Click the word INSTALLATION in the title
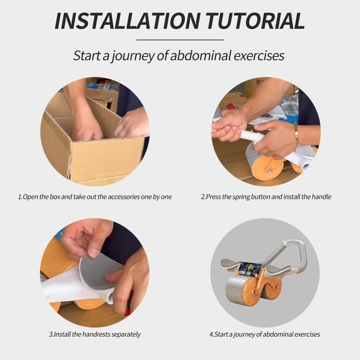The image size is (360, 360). pyautogui.click(x=127, y=21)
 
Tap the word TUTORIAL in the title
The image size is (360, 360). pyautogui.click(x=255, y=21)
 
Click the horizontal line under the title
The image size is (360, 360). pyautogui.click(x=180, y=40)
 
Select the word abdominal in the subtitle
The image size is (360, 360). pyautogui.click(x=200, y=55)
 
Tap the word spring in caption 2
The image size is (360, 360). pyautogui.click(x=241, y=197)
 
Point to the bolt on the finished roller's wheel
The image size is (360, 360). pyautogui.click(x=255, y=292)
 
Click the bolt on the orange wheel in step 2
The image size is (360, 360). pyautogui.click(x=269, y=171)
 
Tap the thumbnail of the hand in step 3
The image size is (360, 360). pyautogui.click(x=94, y=253)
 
